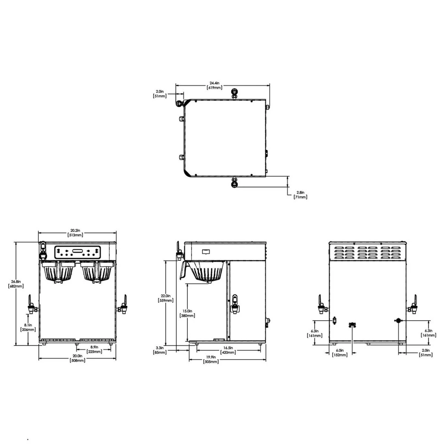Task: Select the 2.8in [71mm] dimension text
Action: [301, 195]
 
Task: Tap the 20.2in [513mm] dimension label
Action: [76, 233]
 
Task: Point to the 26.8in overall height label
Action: [16, 284]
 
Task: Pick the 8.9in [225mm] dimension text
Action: [94, 349]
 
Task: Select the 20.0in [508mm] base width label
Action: [77, 358]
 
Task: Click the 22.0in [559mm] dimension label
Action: [165, 298]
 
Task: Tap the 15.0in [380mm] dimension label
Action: [187, 313]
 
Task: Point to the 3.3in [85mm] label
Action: [160, 350]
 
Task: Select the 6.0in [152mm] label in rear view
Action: [340, 353]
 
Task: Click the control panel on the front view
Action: [78, 252]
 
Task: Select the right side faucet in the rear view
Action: [414, 304]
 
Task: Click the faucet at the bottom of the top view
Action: [234, 182]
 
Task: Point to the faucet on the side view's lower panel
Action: [235, 303]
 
